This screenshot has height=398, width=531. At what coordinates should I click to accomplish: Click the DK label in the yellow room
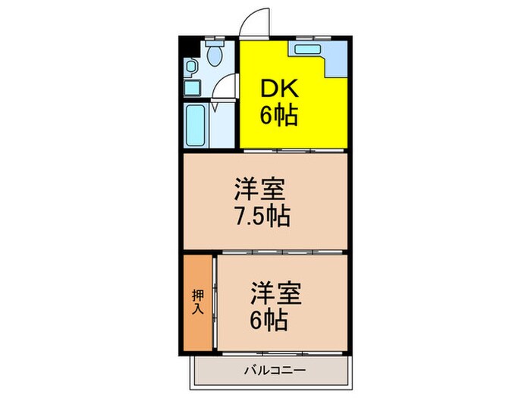point(281,89)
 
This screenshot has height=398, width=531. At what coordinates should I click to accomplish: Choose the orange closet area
point(197,303)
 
